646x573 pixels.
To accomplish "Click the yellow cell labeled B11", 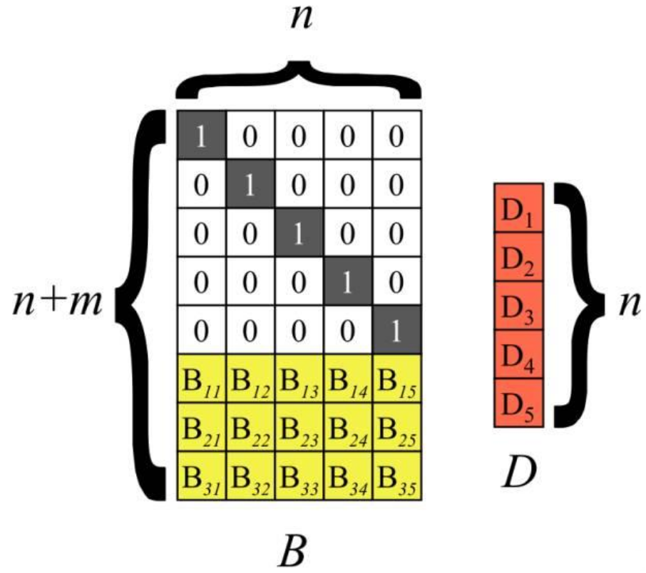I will (201, 378).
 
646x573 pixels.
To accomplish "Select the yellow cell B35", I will (398, 476).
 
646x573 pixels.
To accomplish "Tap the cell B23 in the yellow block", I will (299, 427).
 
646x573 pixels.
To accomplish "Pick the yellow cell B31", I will (201, 476).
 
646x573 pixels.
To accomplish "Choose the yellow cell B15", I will (398, 378).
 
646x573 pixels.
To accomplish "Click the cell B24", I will (349, 427).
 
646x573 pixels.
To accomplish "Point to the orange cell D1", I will (519, 207).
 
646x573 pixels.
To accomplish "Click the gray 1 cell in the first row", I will (202, 135).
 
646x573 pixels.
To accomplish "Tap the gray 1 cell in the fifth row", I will (398, 330).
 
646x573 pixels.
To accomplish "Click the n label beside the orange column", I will (629, 304).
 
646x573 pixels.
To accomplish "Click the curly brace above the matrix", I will (298, 80).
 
